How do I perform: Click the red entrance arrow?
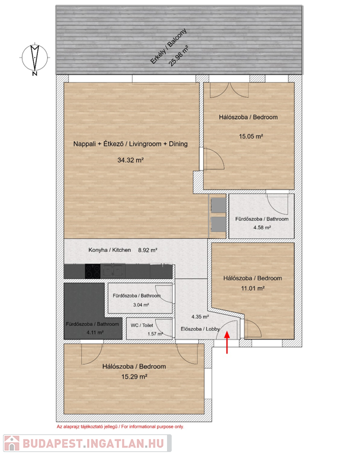click(x=227, y=342)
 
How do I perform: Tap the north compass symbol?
click(x=35, y=59)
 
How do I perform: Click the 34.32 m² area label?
click(x=130, y=160)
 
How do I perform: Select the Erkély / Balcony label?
click(x=169, y=46)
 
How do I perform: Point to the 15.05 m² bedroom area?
click(x=251, y=136)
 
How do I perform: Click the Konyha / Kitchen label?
click(x=110, y=250)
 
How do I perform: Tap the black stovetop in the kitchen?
click(x=92, y=271)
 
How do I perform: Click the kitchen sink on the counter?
click(x=113, y=270)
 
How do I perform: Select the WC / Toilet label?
click(x=142, y=325)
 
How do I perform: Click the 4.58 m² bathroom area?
click(x=262, y=227)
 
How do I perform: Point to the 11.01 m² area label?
click(x=253, y=289)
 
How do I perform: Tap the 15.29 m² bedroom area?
click(x=134, y=377)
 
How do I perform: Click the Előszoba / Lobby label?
click(x=200, y=329)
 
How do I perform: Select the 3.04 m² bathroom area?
click(x=141, y=305)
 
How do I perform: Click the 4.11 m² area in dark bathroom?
click(x=95, y=332)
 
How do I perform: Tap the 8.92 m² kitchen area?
click(x=147, y=250)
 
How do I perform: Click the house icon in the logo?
click(x=12, y=443)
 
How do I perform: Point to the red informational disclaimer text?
click(x=120, y=427)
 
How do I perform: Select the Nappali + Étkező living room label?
click(x=130, y=143)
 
